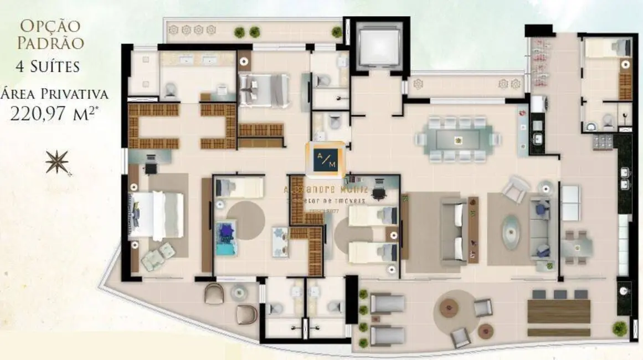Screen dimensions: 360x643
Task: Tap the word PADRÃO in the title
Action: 50,43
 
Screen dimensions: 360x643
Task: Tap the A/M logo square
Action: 326,159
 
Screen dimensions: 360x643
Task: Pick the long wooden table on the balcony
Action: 558,311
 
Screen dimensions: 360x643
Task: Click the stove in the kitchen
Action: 603,142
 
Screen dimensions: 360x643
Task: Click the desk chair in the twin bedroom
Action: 379,193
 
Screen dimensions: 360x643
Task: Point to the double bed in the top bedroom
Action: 265,90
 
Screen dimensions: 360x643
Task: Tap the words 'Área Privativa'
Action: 54,93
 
